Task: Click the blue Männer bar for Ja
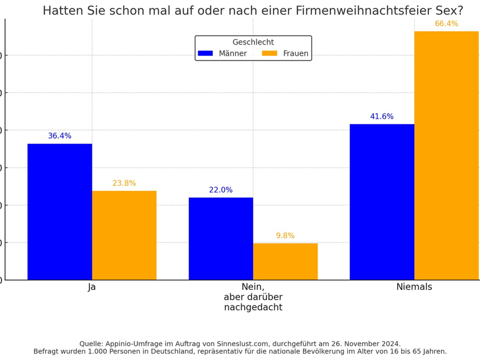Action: tap(59, 212)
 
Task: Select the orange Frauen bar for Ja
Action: tap(124, 235)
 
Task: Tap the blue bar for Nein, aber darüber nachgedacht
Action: tap(221, 239)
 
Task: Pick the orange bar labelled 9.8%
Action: tap(285, 262)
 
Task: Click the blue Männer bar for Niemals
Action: tap(382, 202)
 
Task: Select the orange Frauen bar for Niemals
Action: tap(446, 155)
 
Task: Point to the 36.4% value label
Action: tap(59, 136)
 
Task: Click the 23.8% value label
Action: tap(124, 184)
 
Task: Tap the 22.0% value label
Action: tap(221, 190)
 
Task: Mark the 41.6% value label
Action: tap(382, 117)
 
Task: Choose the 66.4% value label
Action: tap(446, 24)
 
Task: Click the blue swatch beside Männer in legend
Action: tap(205, 53)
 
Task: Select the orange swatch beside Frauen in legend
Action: tap(269, 53)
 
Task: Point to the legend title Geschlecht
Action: tap(253, 43)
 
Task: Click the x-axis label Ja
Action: tap(92, 287)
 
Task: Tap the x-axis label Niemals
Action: tap(414, 287)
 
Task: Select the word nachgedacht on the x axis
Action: tap(253, 308)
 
